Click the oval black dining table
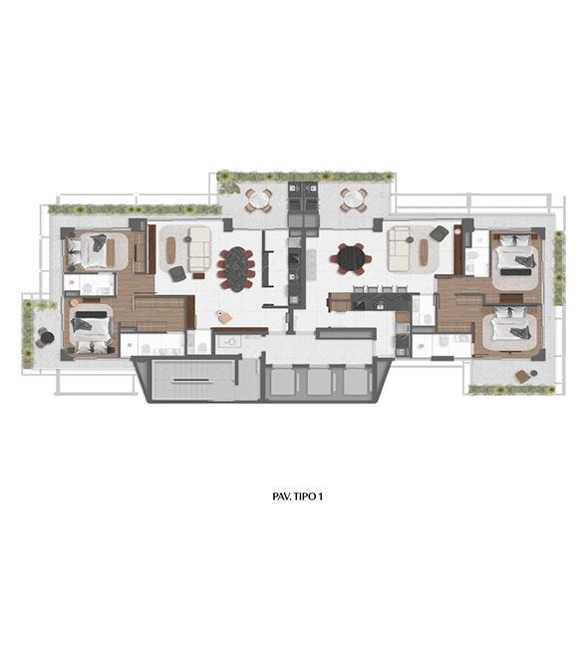236,268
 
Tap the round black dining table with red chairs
351,258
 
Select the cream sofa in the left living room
198,249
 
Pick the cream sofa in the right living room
399,248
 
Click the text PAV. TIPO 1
297,496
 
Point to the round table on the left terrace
259,200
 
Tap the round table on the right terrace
354,199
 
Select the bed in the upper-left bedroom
89,251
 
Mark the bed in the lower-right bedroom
509,326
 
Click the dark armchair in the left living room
176,273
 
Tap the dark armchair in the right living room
440,233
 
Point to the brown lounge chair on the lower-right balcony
522,376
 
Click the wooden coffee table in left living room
170,250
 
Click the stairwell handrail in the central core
190,380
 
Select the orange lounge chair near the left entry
224,317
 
